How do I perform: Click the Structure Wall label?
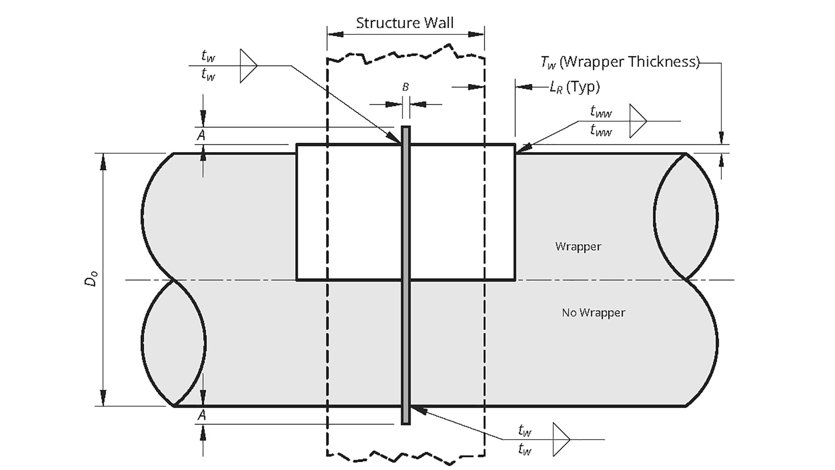(404, 23)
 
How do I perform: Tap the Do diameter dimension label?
(91, 279)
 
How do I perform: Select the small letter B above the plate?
(405, 87)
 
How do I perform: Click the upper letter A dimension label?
(201, 135)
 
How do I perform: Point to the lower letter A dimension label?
(201, 415)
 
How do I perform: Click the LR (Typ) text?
(574, 87)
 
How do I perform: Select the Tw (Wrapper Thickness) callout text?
(620, 62)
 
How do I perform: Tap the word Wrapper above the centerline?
(578, 246)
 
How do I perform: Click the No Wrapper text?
(593, 312)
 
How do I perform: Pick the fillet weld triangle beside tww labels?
(637, 121)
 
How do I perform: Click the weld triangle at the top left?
(247, 66)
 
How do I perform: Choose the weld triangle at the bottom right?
(560, 439)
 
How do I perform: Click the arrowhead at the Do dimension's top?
(103, 161)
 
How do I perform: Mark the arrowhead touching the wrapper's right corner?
(521, 148)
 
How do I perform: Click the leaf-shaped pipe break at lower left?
(173, 343)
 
